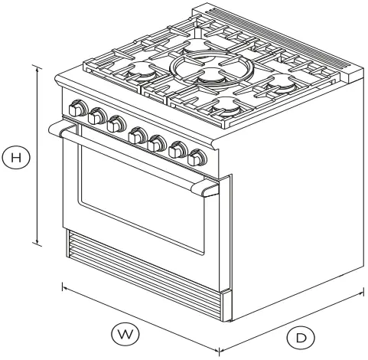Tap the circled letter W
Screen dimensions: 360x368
[x=125, y=334]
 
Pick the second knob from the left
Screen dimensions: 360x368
[x=96, y=117]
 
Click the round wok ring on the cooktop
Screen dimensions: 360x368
[x=204, y=70]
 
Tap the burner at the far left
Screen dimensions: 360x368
[x=142, y=73]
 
